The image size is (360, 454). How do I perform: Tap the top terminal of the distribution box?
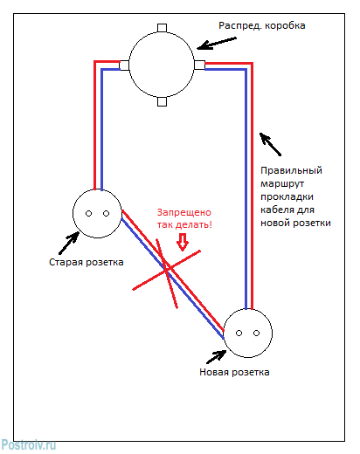(163, 27)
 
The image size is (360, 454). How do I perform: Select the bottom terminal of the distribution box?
(163, 101)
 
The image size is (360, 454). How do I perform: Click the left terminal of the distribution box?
(125, 64)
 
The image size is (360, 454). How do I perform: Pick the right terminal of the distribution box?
(200, 64)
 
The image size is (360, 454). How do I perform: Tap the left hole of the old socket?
(88, 213)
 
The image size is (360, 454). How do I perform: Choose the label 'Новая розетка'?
(235, 372)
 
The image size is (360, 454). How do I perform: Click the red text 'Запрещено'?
(183, 212)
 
